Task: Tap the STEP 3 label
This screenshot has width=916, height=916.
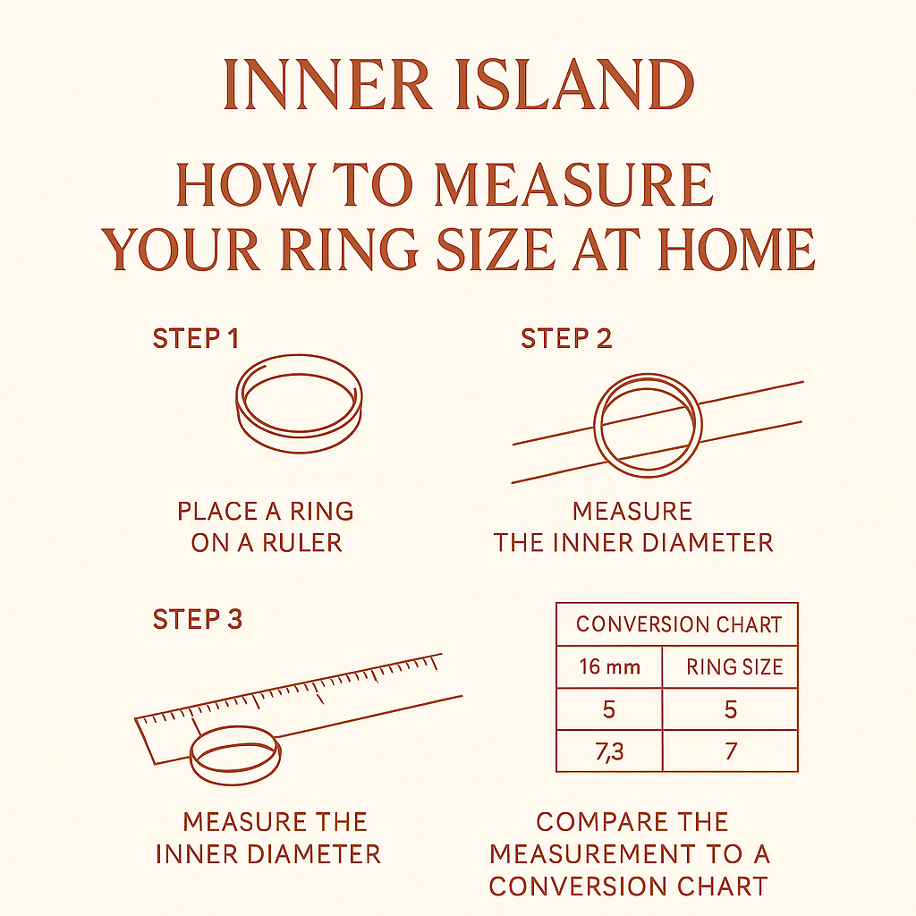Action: (x=198, y=619)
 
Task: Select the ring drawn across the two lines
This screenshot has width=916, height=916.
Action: (x=647, y=423)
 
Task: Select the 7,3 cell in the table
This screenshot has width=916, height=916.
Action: (x=608, y=751)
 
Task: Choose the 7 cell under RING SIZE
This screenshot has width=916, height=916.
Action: (x=731, y=751)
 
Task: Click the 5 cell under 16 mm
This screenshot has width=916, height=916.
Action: (x=608, y=709)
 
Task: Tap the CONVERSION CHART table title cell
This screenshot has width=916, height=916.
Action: (x=678, y=624)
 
